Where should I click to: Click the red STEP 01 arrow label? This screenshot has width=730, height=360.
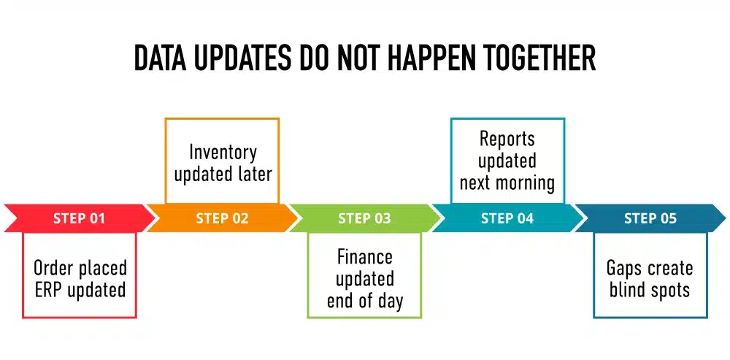coord(79,218)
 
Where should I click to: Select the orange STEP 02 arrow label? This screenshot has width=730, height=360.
coord(222,218)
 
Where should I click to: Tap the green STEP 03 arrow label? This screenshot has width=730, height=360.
coord(364,218)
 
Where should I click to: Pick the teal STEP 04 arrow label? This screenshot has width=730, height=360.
coord(507,218)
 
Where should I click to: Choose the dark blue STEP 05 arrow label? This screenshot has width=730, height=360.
coord(650,218)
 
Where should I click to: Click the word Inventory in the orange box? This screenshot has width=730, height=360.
coord(223,152)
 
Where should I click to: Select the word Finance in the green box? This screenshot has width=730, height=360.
coord(364,257)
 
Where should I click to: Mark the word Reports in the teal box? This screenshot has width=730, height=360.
coord(507,139)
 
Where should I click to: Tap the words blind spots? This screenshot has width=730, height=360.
coord(650,290)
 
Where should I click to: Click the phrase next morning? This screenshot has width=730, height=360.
coord(507,182)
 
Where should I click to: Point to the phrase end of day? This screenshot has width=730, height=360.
coord(364,300)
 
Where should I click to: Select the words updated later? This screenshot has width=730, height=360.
coord(223,174)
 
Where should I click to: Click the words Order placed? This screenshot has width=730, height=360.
coord(80,268)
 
